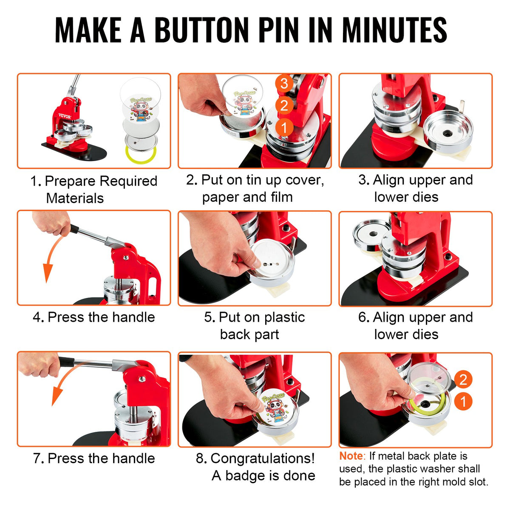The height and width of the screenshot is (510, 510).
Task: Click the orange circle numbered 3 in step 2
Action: pyautogui.click(x=284, y=83)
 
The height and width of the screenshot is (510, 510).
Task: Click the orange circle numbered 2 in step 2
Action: pyautogui.click(x=284, y=105)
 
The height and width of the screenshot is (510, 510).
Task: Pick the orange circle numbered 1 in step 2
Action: pyautogui.click(x=284, y=127)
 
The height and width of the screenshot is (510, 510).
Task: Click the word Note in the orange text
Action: pyautogui.click(x=351, y=456)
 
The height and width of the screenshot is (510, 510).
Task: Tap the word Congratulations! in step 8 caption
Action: pyautogui.click(x=263, y=458)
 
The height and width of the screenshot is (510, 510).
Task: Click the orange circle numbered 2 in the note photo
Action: pyautogui.click(x=463, y=379)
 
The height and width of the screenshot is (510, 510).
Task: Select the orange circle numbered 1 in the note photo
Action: pyautogui.click(x=463, y=401)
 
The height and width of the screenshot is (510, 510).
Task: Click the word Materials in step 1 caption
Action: pyautogui.click(x=75, y=198)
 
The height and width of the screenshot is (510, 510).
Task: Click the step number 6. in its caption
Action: pyautogui.click(x=363, y=317)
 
